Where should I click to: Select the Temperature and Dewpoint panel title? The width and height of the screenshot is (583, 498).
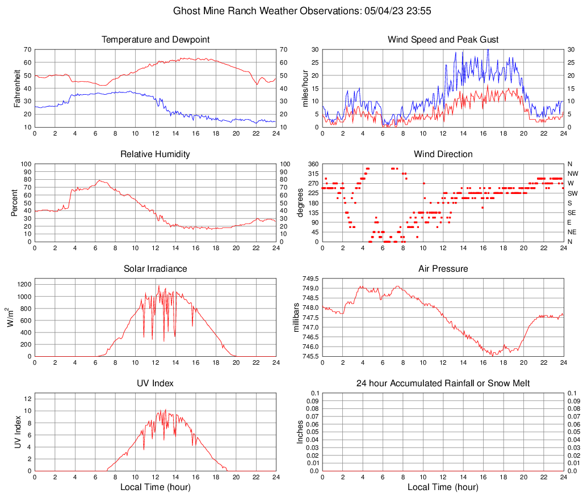pyautogui.click(x=156, y=40)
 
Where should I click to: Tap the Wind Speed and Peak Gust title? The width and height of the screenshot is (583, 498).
pyautogui.click(x=443, y=40)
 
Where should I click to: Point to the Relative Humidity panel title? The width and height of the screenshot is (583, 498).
pyautogui.click(x=156, y=154)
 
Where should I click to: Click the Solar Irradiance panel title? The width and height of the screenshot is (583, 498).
pyautogui.click(x=156, y=269)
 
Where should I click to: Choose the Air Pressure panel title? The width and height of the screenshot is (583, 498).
pyautogui.click(x=443, y=269)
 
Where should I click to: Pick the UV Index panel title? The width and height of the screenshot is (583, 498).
pyautogui.click(x=156, y=383)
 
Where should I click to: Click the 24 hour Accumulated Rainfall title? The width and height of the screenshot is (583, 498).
pyautogui.click(x=443, y=383)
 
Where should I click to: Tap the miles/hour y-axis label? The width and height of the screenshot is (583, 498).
pyautogui.click(x=305, y=88)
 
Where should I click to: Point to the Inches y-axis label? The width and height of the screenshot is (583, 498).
pyautogui.click(x=300, y=432)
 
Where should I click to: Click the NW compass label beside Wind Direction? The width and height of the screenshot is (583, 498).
pyautogui.click(x=573, y=174)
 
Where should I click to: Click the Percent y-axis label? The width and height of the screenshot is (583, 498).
pyautogui.click(x=15, y=203)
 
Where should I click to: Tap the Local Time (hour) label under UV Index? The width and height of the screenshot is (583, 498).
pyautogui.click(x=156, y=487)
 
